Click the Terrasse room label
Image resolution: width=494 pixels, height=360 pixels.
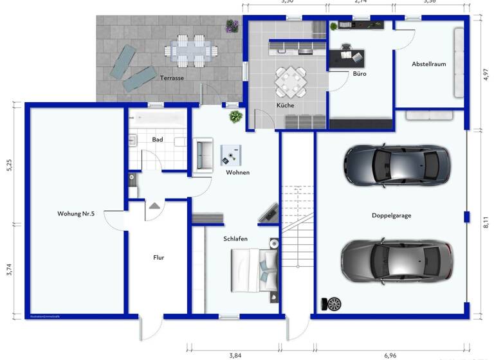172,78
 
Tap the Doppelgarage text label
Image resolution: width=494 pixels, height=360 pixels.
391,215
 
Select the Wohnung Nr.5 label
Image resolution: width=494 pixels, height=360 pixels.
76,213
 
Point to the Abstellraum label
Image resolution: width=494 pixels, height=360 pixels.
428,64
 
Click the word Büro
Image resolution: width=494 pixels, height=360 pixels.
359,75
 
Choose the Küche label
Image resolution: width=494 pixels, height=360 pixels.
286,105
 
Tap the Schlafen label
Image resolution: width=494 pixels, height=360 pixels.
235,239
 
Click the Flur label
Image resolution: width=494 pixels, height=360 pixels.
158,257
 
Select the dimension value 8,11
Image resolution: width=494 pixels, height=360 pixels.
486,222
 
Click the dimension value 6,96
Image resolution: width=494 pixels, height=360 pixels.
390,354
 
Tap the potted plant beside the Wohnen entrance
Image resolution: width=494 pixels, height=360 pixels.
235,116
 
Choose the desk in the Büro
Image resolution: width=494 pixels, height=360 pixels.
347,57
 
